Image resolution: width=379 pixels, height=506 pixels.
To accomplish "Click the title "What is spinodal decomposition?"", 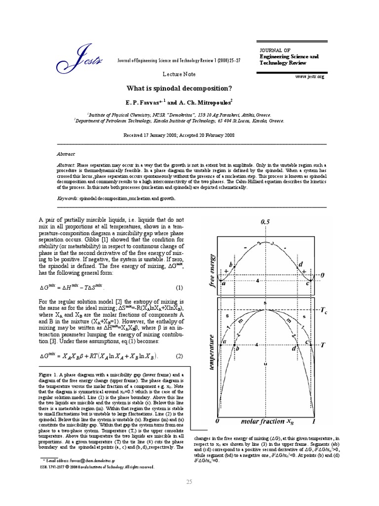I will point(179,88).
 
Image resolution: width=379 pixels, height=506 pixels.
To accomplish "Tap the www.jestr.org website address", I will point(309,77).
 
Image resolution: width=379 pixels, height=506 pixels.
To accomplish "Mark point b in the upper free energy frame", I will point(230,265).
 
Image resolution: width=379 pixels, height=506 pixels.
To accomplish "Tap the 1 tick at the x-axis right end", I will point(314,422).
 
